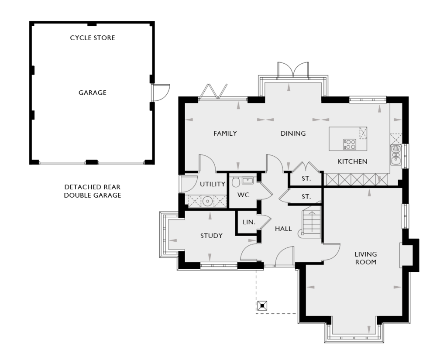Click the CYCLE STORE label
coord(93,38)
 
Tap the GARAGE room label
coord(93,93)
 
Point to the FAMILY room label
coord(225,133)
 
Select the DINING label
coord(293,133)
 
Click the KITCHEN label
coord(352,161)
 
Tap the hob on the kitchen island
coord(350,144)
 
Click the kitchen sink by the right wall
coord(395,155)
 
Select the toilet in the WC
coord(236,182)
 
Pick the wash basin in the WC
coord(248,180)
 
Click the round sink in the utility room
coord(207,201)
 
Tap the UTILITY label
coord(213,184)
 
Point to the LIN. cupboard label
coord(249,222)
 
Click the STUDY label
coord(211,236)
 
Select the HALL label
coord(283,229)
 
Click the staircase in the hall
coord(312,222)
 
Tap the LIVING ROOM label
coord(366,258)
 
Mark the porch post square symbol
coord(262,305)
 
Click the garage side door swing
coord(161,93)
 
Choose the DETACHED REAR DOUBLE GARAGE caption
coord(93,191)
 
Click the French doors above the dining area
coord(293,69)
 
